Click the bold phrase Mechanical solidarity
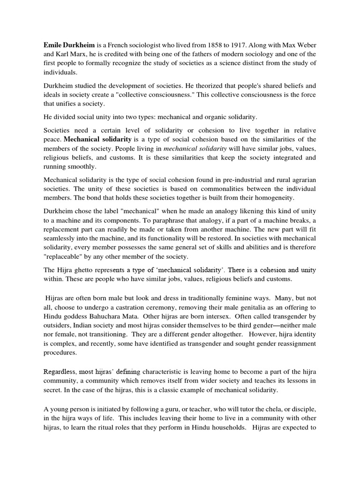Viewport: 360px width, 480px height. (97, 139)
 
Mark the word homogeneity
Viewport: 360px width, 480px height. (266, 198)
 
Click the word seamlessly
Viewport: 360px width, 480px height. (62, 238)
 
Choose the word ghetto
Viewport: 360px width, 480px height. (87, 270)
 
